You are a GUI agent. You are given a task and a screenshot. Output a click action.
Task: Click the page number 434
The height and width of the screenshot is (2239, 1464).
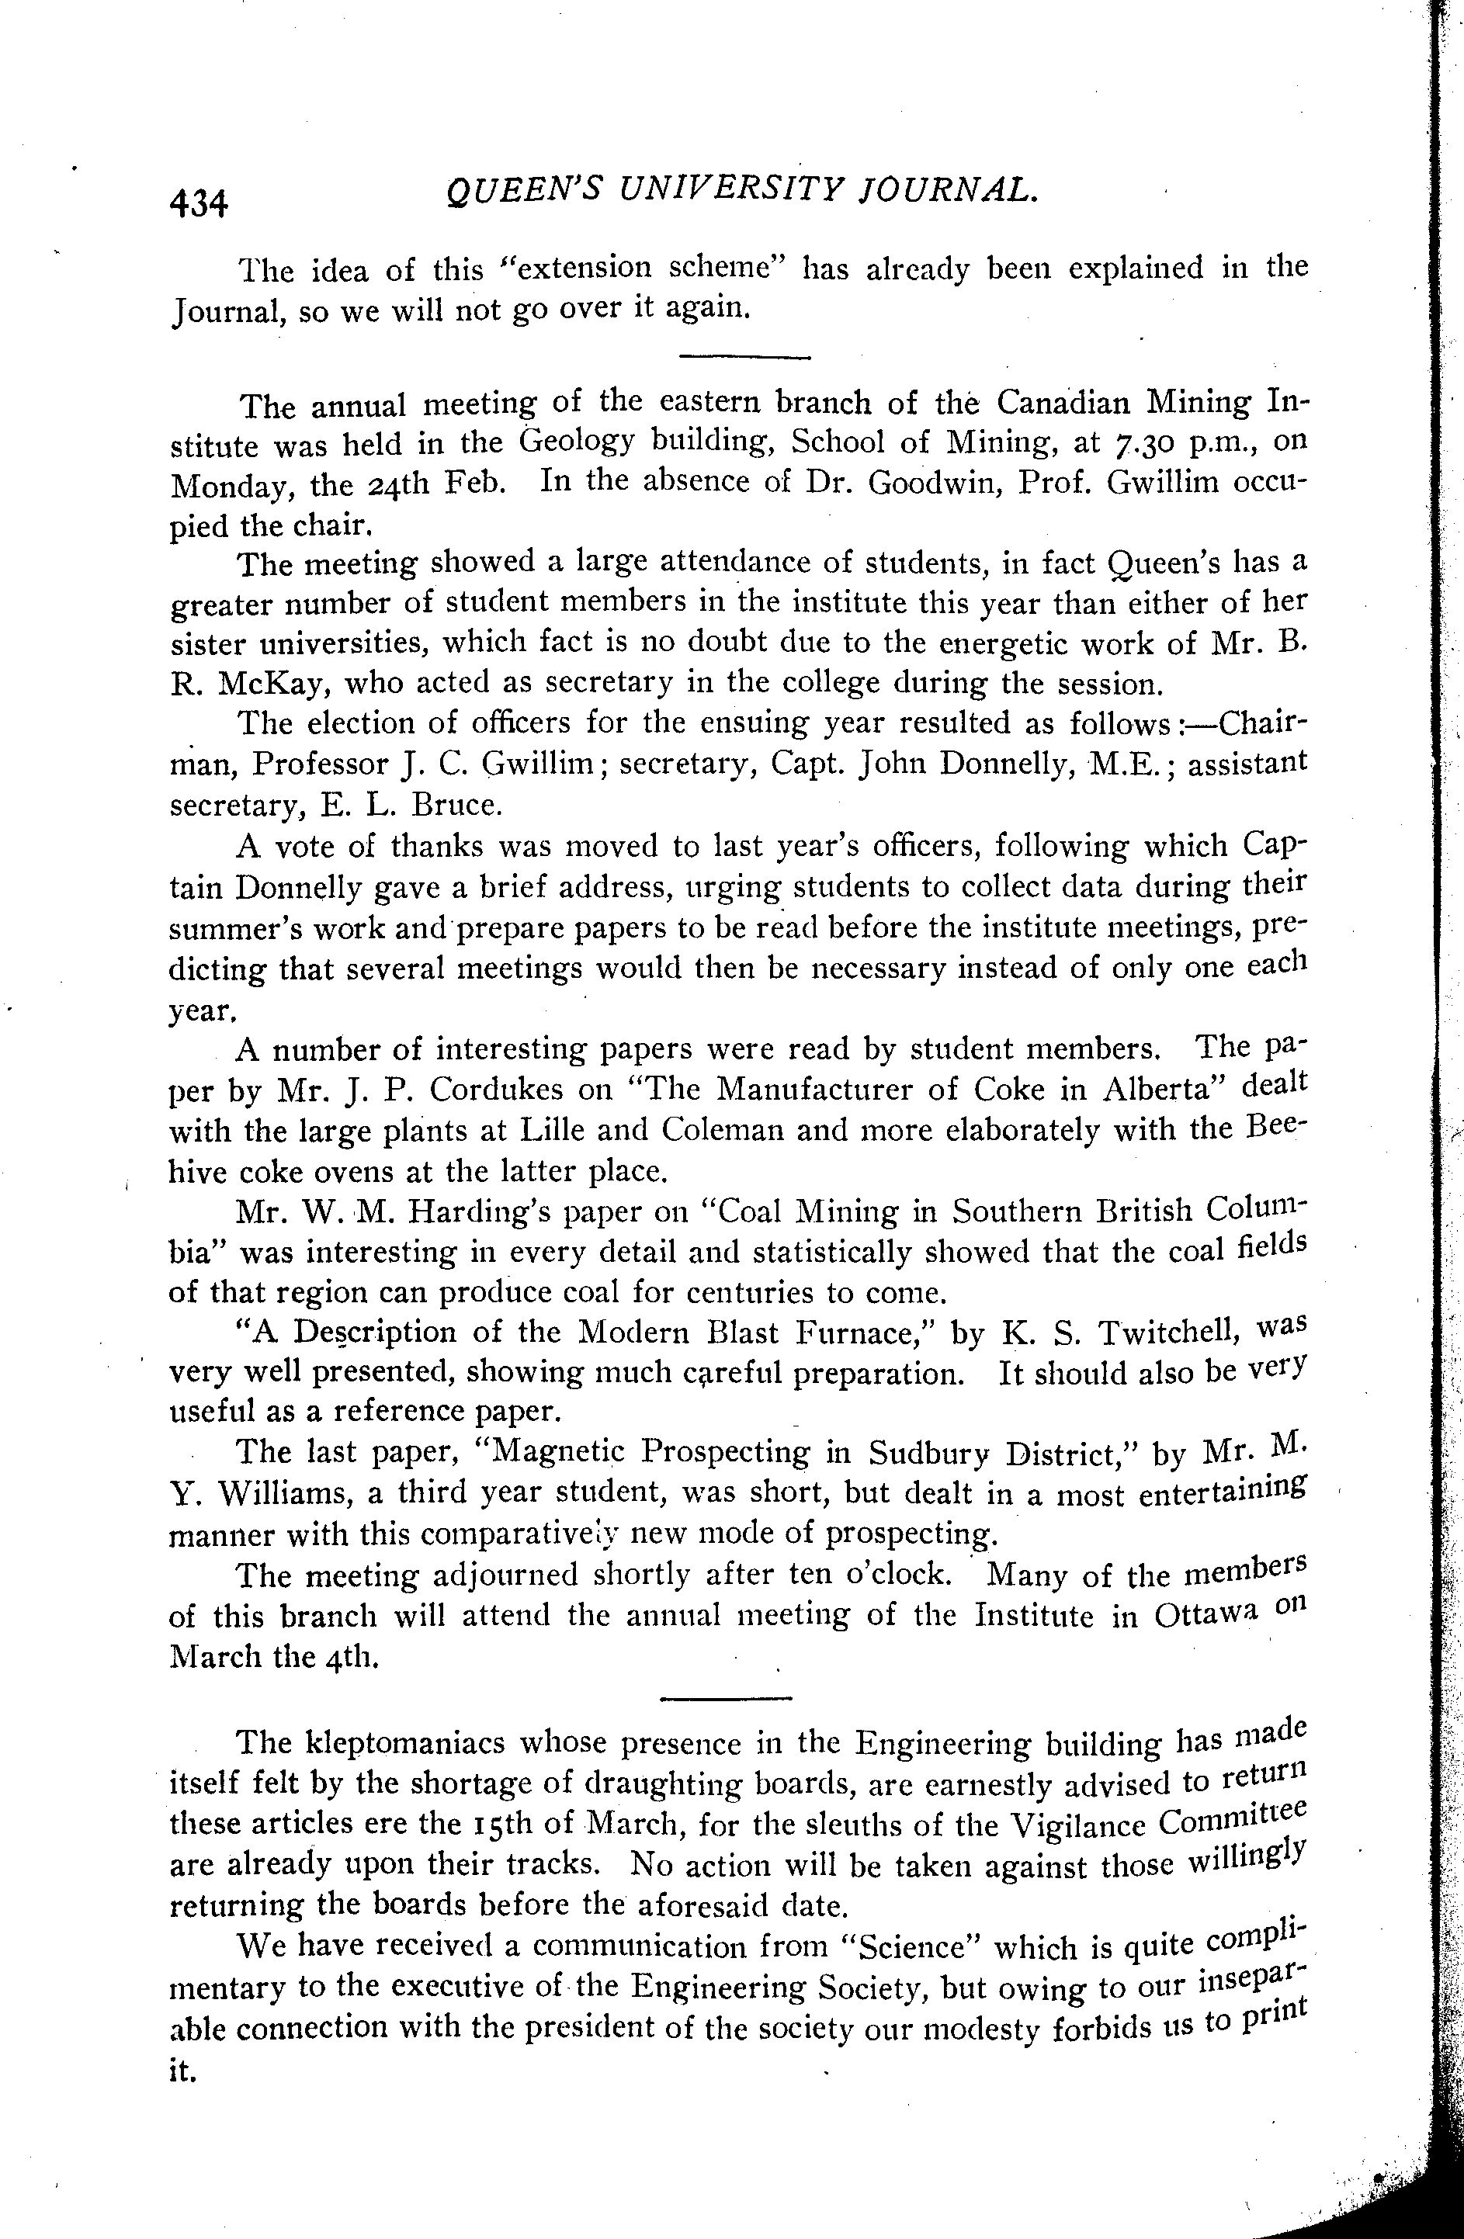coord(199,203)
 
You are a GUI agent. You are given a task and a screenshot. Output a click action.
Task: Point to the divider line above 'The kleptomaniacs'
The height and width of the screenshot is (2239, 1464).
coord(727,1698)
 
